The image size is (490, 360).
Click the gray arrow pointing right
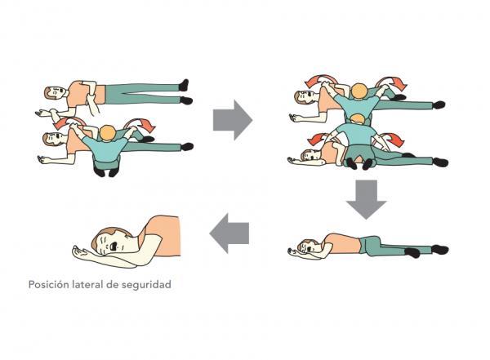pyautogui.click(x=233, y=120)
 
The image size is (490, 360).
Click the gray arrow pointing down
pyautogui.click(x=366, y=199)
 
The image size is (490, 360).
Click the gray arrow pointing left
pyautogui.click(x=229, y=233)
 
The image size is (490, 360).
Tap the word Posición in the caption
pyautogui.click(x=47, y=285)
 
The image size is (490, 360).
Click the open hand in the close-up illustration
pyautogui.click(x=81, y=251)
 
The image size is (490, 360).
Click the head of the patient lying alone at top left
pyautogui.click(x=56, y=92)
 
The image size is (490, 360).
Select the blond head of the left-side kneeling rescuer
pyautogui.click(x=108, y=133)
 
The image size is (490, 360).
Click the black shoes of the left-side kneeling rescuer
pyautogui.click(x=106, y=171)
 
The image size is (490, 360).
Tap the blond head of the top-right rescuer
pyautogui.click(x=359, y=91)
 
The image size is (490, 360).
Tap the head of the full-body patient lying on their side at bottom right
pyautogui.click(x=309, y=246)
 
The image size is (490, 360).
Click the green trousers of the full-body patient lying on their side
pyautogui.click(x=394, y=247)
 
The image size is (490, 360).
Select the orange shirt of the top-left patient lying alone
pyautogui.click(x=86, y=94)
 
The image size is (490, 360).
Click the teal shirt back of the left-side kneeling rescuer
pyautogui.click(x=107, y=149)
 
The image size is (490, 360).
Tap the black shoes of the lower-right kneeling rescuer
pyautogui.click(x=359, y=163)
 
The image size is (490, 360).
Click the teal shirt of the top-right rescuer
pyautogui.click(x=359, y=106)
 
